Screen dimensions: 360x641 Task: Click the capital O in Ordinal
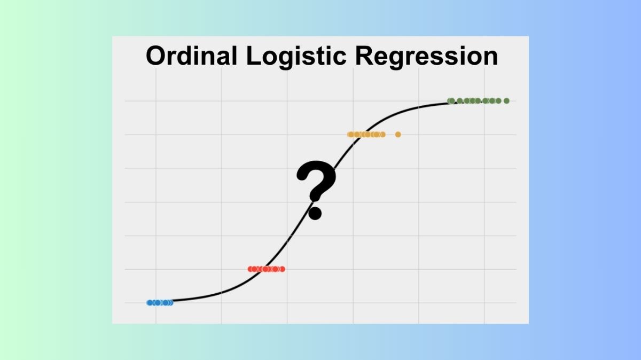[x=156, y=56]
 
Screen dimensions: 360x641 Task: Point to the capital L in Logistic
[x=253, y=56]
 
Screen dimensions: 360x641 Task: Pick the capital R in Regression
[x=361, y=56]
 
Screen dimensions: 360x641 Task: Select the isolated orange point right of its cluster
[x=398, y=134]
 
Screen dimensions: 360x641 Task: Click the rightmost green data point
[x=506, y=100]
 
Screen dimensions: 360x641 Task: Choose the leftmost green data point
[x=450, y=100]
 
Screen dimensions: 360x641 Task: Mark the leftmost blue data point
[x=150, y=302]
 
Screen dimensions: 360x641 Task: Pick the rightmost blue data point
[x=170, y=302]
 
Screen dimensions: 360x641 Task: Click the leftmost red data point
[x=251, y=269]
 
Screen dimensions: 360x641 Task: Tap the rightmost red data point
[x=282, y=269]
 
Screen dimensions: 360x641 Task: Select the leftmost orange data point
[x=350, y=134]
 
